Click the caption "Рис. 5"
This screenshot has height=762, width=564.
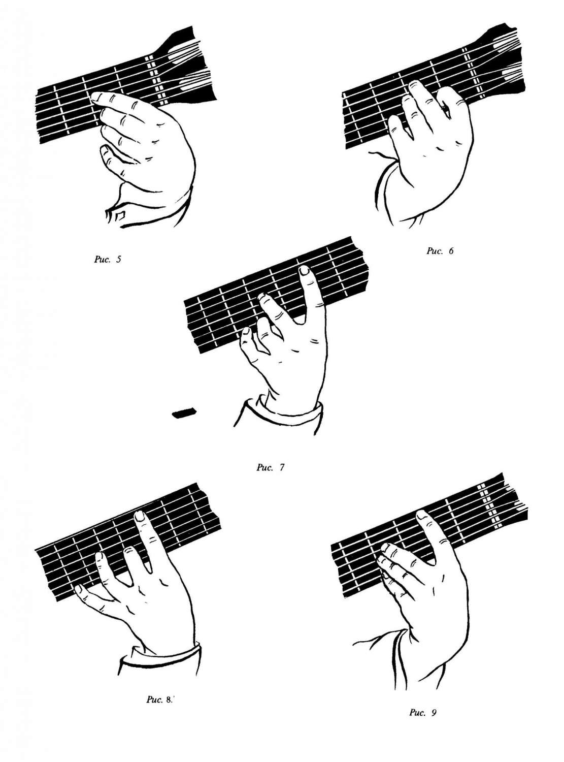108,260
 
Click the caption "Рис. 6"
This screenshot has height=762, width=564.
440,251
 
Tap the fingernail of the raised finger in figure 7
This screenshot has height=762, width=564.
304,271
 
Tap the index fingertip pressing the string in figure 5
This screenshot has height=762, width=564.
95,97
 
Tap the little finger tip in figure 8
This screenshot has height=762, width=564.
79,589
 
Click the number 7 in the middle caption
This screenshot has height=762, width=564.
282,467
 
